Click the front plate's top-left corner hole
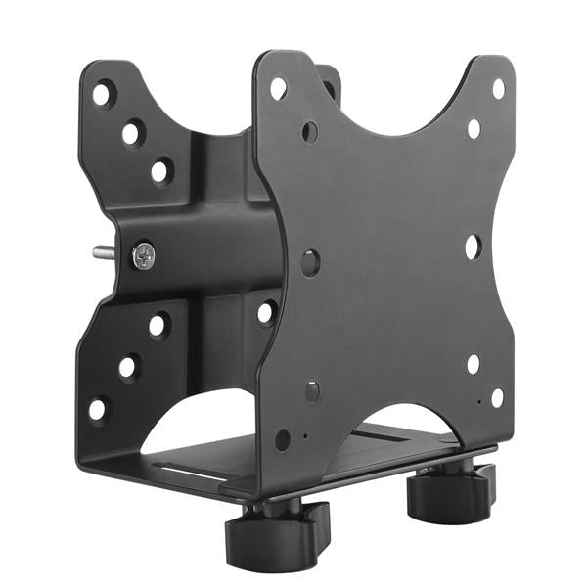pos(278,88)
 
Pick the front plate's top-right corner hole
pos(497,89)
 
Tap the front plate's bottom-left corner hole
pos(283,439)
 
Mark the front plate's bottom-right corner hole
pos(497,397)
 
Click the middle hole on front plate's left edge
pos(310,262)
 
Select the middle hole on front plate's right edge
pos(473,247)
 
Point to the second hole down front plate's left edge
pos(309,131)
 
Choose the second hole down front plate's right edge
pos(474,129)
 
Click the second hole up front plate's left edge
pos(311,392)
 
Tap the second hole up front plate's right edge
pos(474,364)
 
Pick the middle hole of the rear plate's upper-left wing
pos(131,132)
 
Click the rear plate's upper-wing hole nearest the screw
pos(160,171)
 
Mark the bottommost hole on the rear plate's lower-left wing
pos(100,408)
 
